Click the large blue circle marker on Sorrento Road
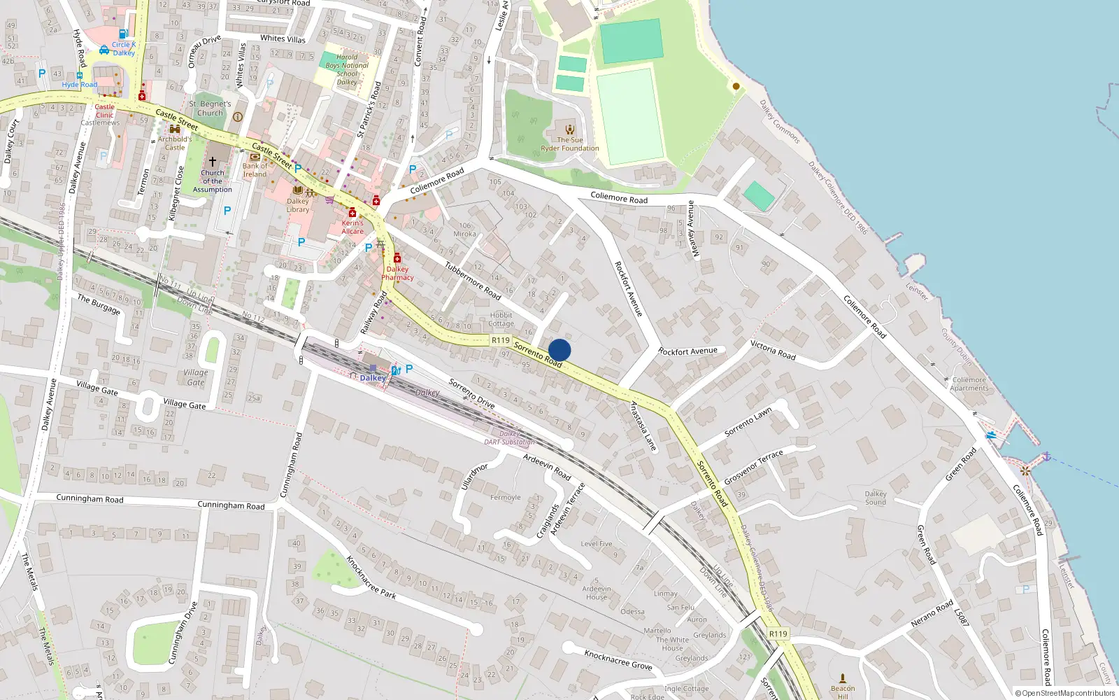(x=559, y=350)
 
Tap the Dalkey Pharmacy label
(x=397, y=273)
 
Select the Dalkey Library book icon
(x=298, y=190)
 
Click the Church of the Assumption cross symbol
(x=213, y=162)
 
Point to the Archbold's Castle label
(x=175, y=143)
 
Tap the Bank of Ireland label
(x=255, y=170)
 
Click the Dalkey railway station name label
(x=373, y=378)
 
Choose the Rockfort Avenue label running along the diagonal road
(x=628, y=288)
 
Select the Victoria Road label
(x=773, y=350)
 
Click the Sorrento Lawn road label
(x=748, y=422)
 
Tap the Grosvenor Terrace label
(x=754, y=468)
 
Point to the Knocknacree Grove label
(x=618, y=659)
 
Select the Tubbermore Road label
(x=473, y=280)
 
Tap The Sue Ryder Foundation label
(x=570, y=144)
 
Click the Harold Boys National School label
(x=347, y=69)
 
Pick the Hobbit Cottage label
(x=501, y=319)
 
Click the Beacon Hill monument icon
(x=843, y=678)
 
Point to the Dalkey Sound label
(x=876, y=498)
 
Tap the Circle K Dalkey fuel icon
(x=123, y=34)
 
